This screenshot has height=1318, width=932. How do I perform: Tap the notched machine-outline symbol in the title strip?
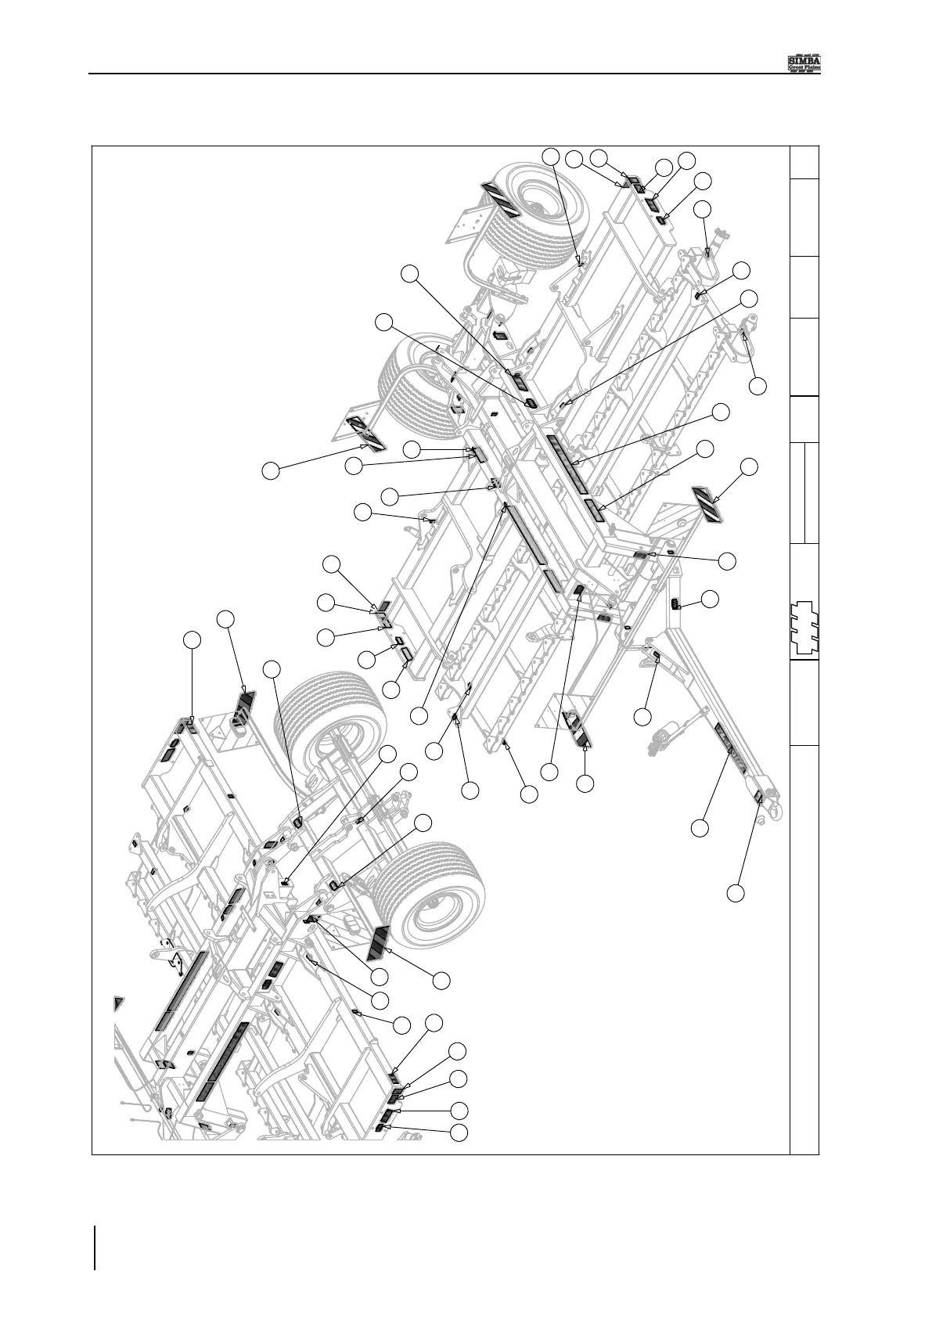tap(804, 627)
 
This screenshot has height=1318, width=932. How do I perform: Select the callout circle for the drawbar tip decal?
tap(736, 892)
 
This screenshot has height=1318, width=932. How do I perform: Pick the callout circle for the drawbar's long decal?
tap(700, 827)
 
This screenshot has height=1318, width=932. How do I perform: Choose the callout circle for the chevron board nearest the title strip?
tap(749, 466)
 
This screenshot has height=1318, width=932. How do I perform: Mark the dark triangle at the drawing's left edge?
tap(119, 1005)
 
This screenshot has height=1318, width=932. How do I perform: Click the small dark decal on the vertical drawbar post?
tap(675, 603)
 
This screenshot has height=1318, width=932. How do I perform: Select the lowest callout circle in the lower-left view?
tap(461, 1132)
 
